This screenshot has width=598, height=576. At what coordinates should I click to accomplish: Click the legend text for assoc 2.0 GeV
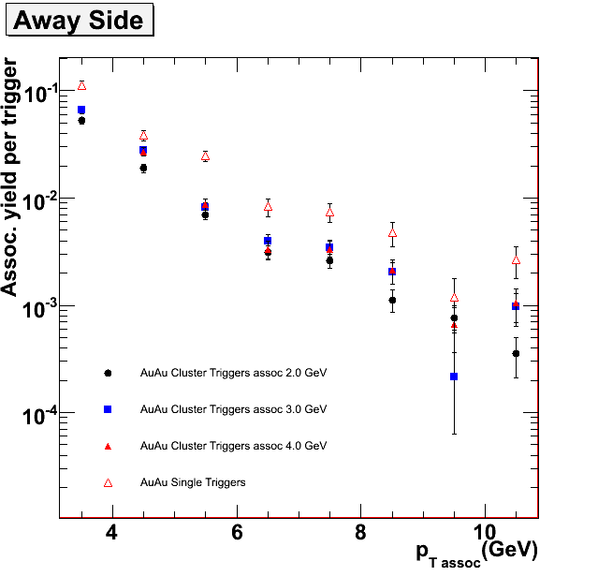233,373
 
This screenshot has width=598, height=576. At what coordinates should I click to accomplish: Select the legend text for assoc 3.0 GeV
233,409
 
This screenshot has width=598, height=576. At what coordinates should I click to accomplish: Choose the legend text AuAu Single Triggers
193,482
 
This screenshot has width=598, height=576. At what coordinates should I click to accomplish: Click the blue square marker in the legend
108,409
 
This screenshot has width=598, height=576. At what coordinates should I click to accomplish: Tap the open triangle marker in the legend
108,482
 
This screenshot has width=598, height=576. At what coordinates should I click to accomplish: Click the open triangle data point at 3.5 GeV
81,85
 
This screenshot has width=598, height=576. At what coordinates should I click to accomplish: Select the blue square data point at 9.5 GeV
454,377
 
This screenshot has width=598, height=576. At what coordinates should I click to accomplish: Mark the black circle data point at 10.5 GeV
516,353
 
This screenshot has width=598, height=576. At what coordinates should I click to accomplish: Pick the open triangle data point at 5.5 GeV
205,156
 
